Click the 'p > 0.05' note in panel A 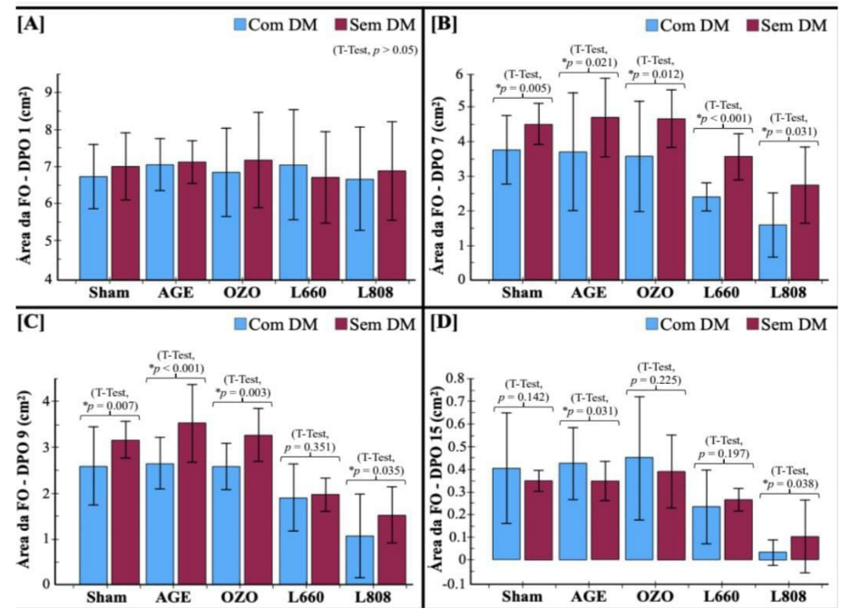coord(375,51)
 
